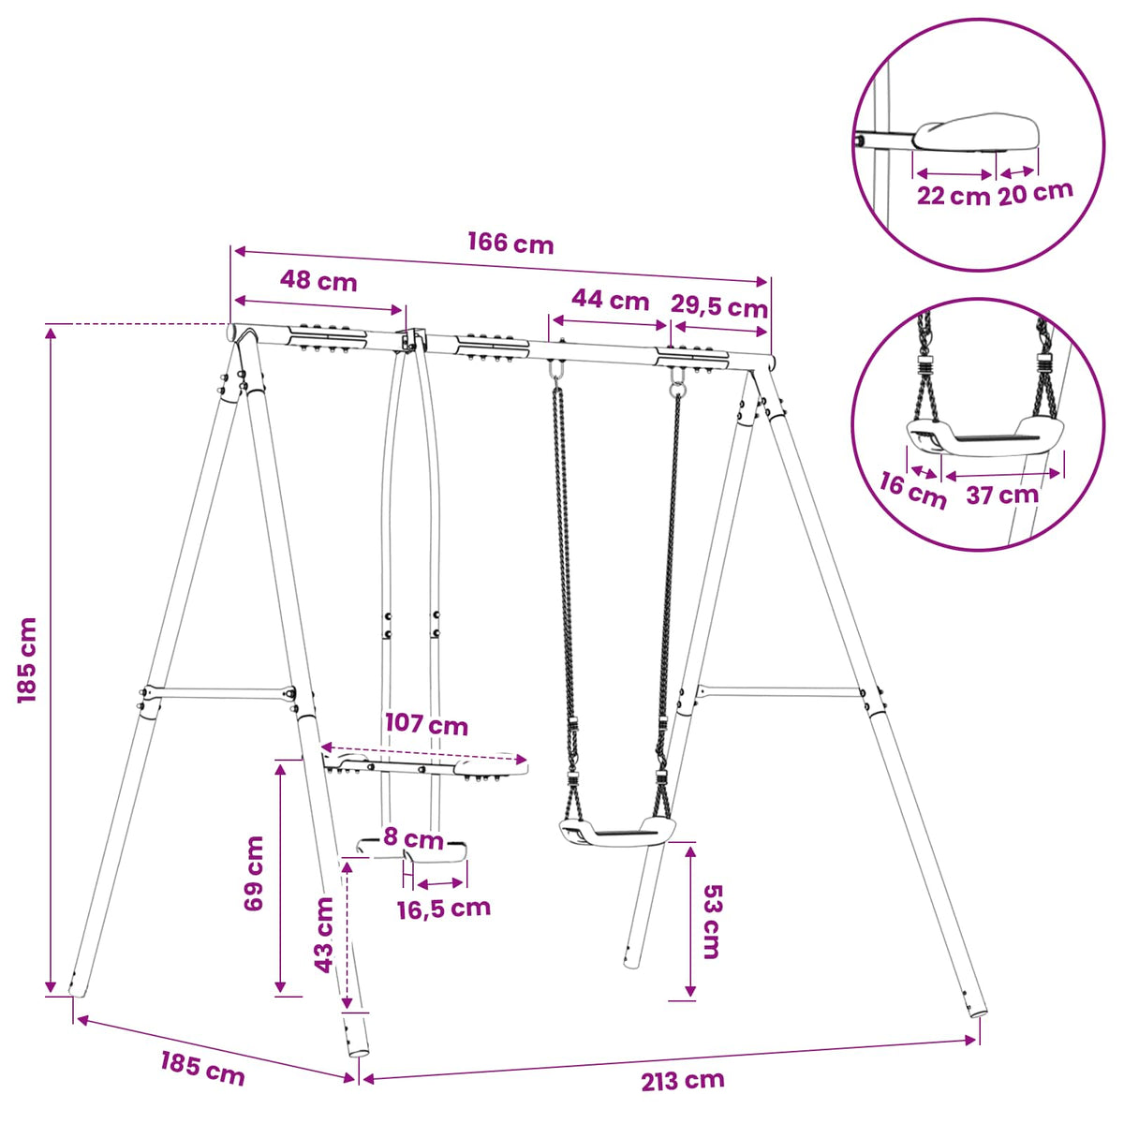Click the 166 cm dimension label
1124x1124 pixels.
[510, 244]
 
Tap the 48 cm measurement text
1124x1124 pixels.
[318, 282]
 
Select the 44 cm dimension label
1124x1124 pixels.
[610, 300]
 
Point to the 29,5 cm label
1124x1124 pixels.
[718, 307]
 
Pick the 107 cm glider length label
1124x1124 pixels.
[426, 724]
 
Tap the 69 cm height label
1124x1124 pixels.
[254, 873]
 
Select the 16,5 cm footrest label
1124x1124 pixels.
[444, 909]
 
